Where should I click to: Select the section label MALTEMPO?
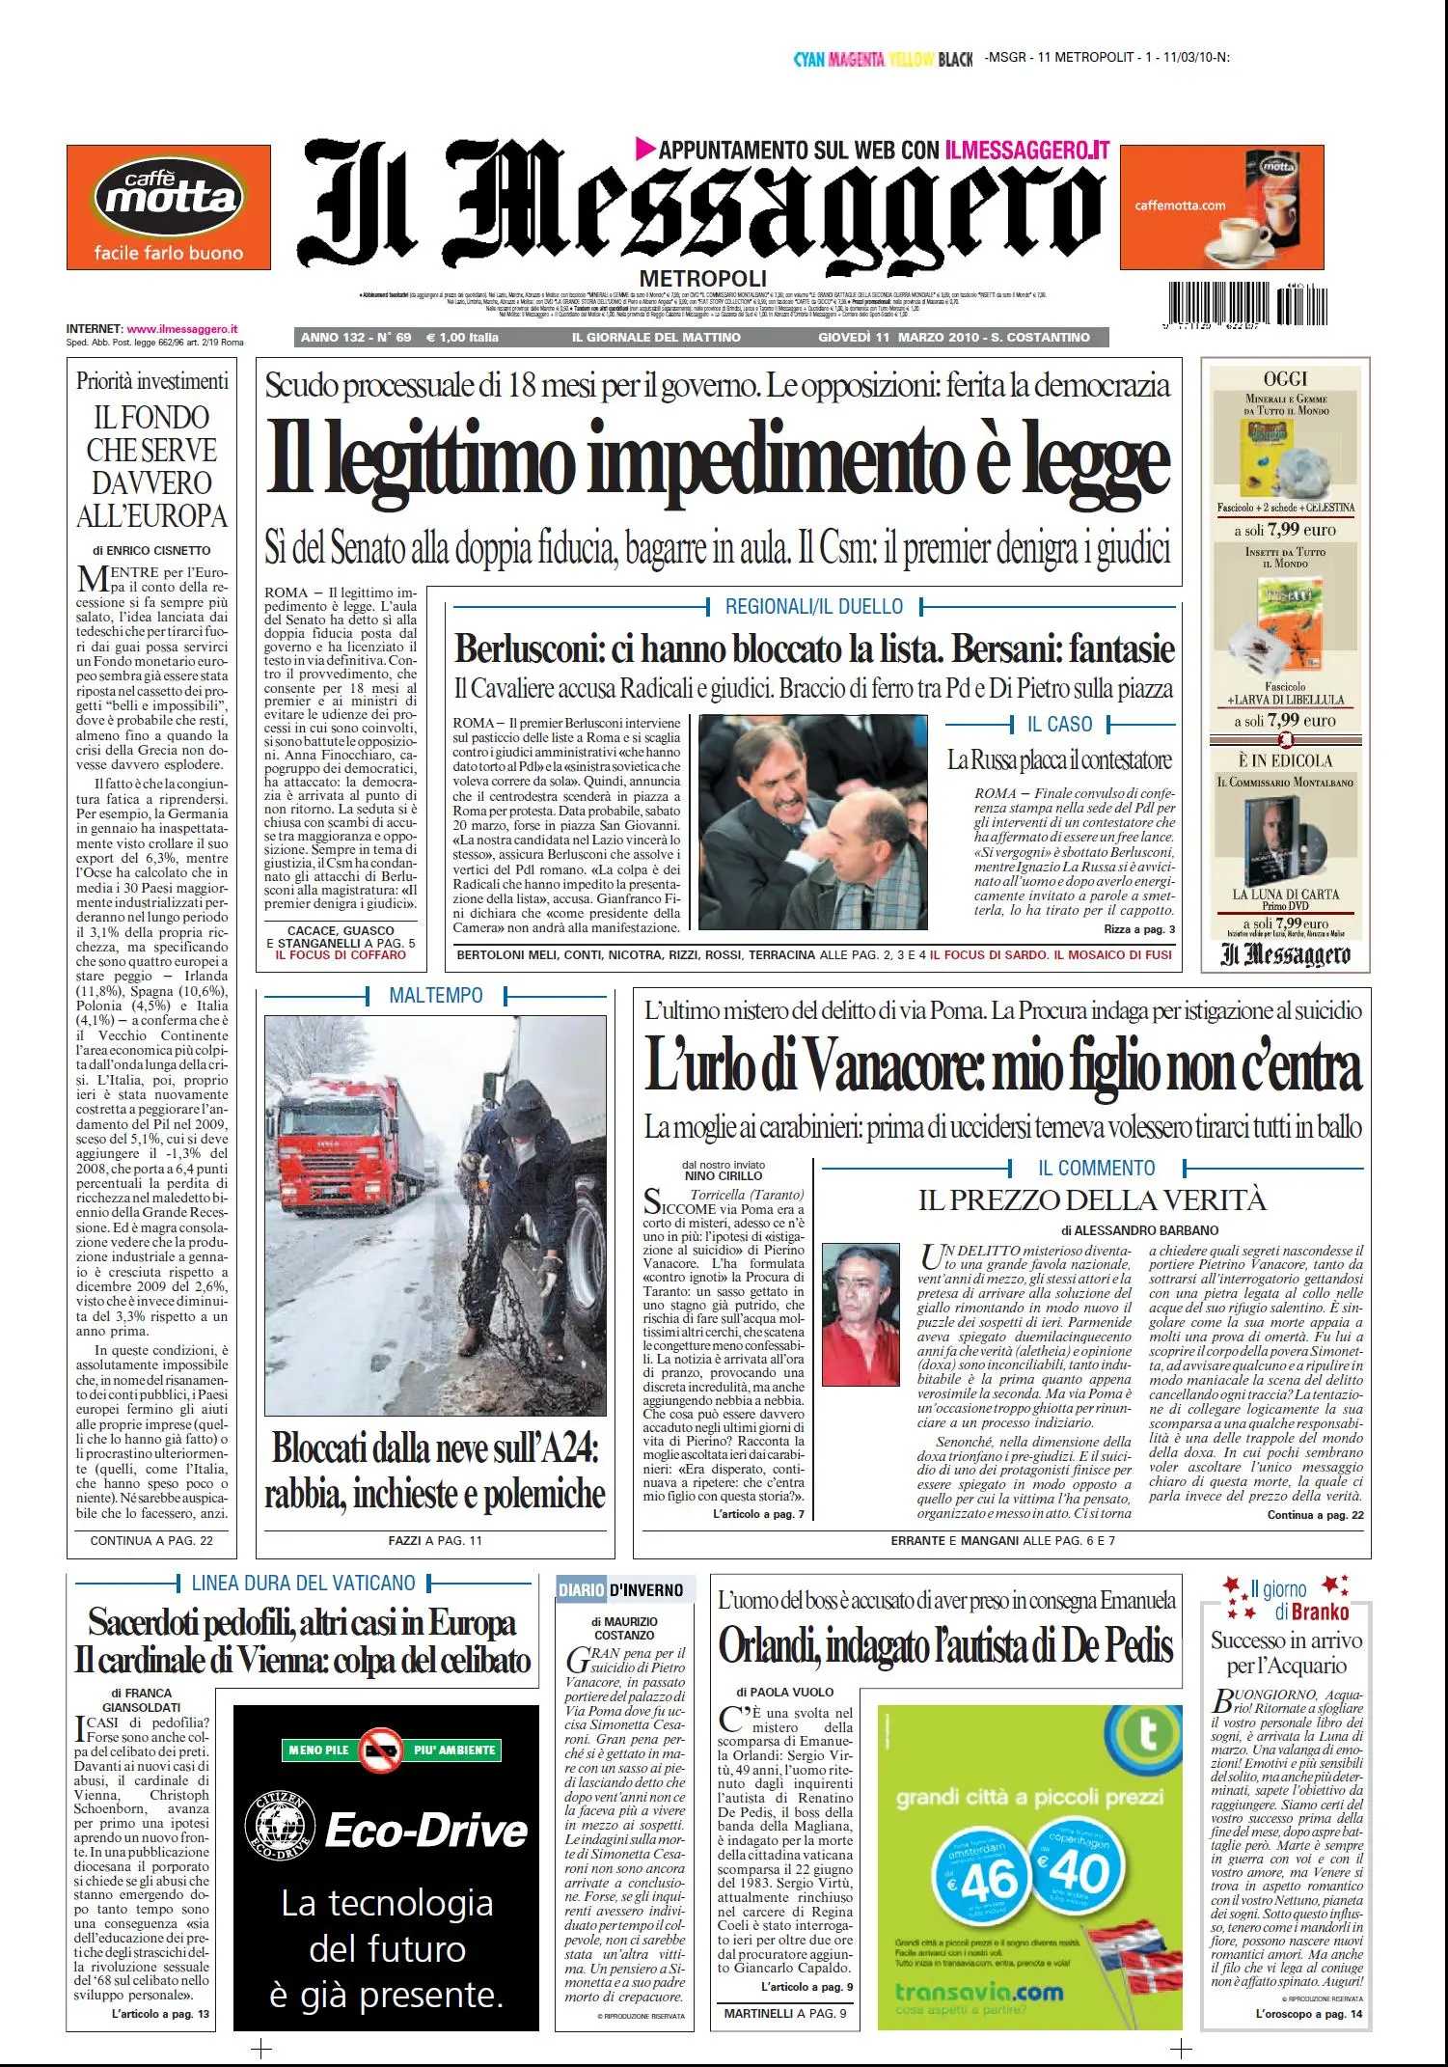tap(436, 995)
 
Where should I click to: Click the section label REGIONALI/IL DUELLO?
tap(814, 607)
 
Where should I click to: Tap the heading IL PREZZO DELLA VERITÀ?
tap(1092, 1200)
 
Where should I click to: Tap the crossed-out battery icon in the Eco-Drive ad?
tap(381, 1750)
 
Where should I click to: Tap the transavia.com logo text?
tap(979, 1992)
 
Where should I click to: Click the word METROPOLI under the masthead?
tap(702, 278)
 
